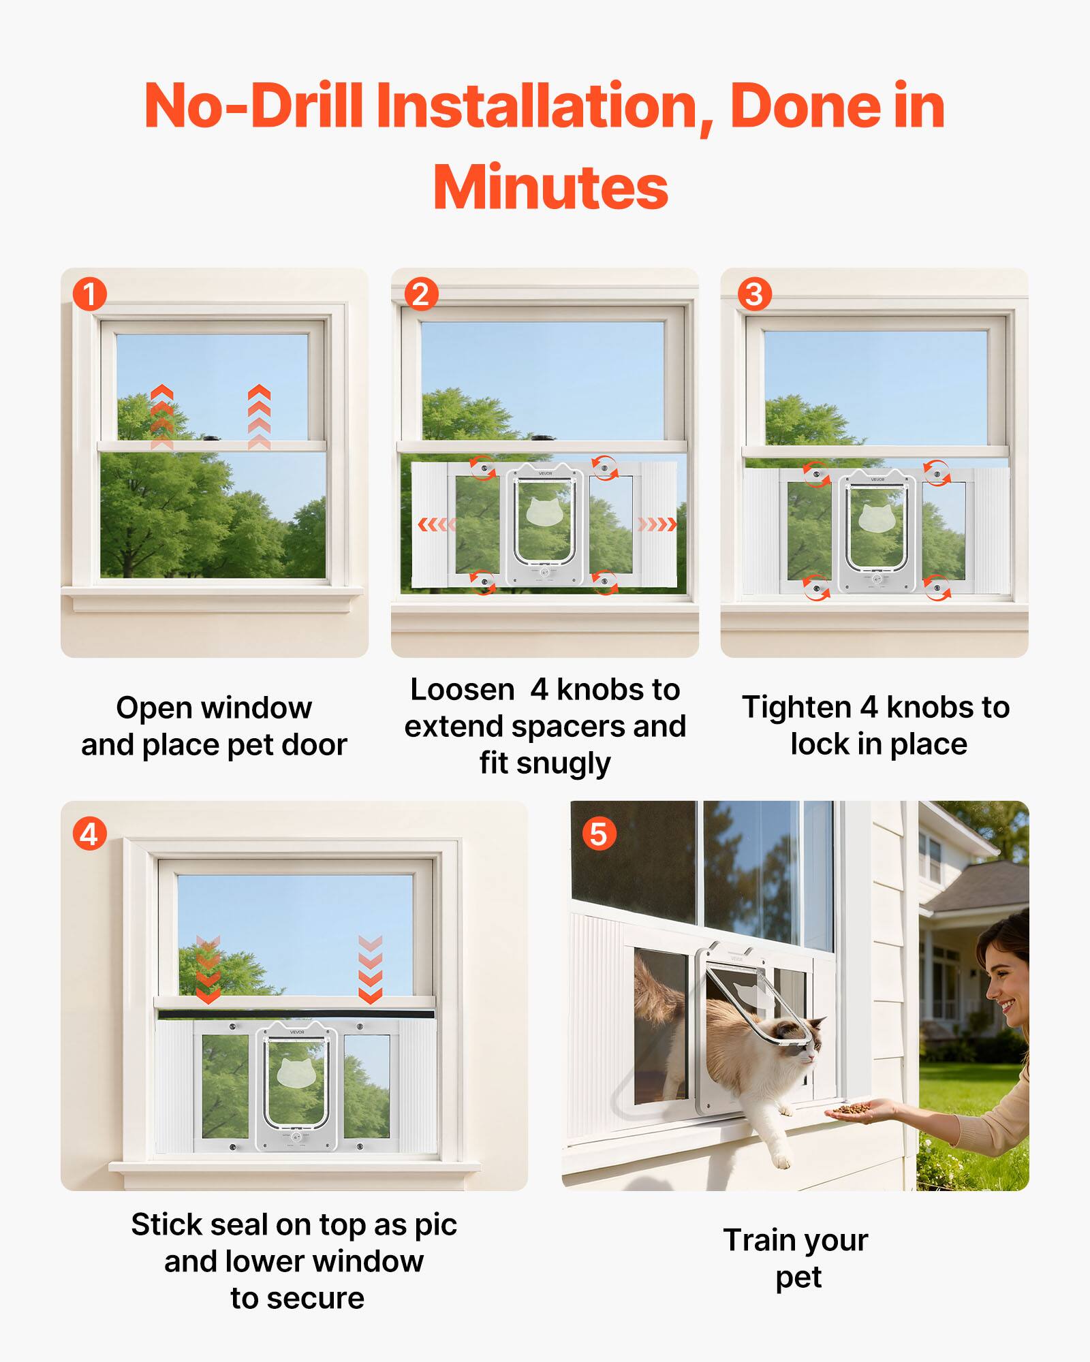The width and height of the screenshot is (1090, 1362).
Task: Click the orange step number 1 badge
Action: pyautogui.click(x=90, y=294)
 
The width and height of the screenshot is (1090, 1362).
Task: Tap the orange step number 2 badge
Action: pyautogui.click(x=421, y=294)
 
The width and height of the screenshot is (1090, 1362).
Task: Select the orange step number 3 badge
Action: pyautogui.click(x=754, y=294)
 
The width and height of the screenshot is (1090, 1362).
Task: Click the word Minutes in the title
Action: pyautogui.click(x=550, y=188)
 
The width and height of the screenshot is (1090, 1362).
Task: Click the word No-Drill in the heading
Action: pyautogui.click(x=253, y=106)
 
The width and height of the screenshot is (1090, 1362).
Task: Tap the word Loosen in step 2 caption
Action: pyautogui.click(x=462, y=690)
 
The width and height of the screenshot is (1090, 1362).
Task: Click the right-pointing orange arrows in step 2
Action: pyautogui.click(x=657, y=524)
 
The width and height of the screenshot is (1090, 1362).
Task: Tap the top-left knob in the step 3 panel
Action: pyautogui.click(x=816, y=473)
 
